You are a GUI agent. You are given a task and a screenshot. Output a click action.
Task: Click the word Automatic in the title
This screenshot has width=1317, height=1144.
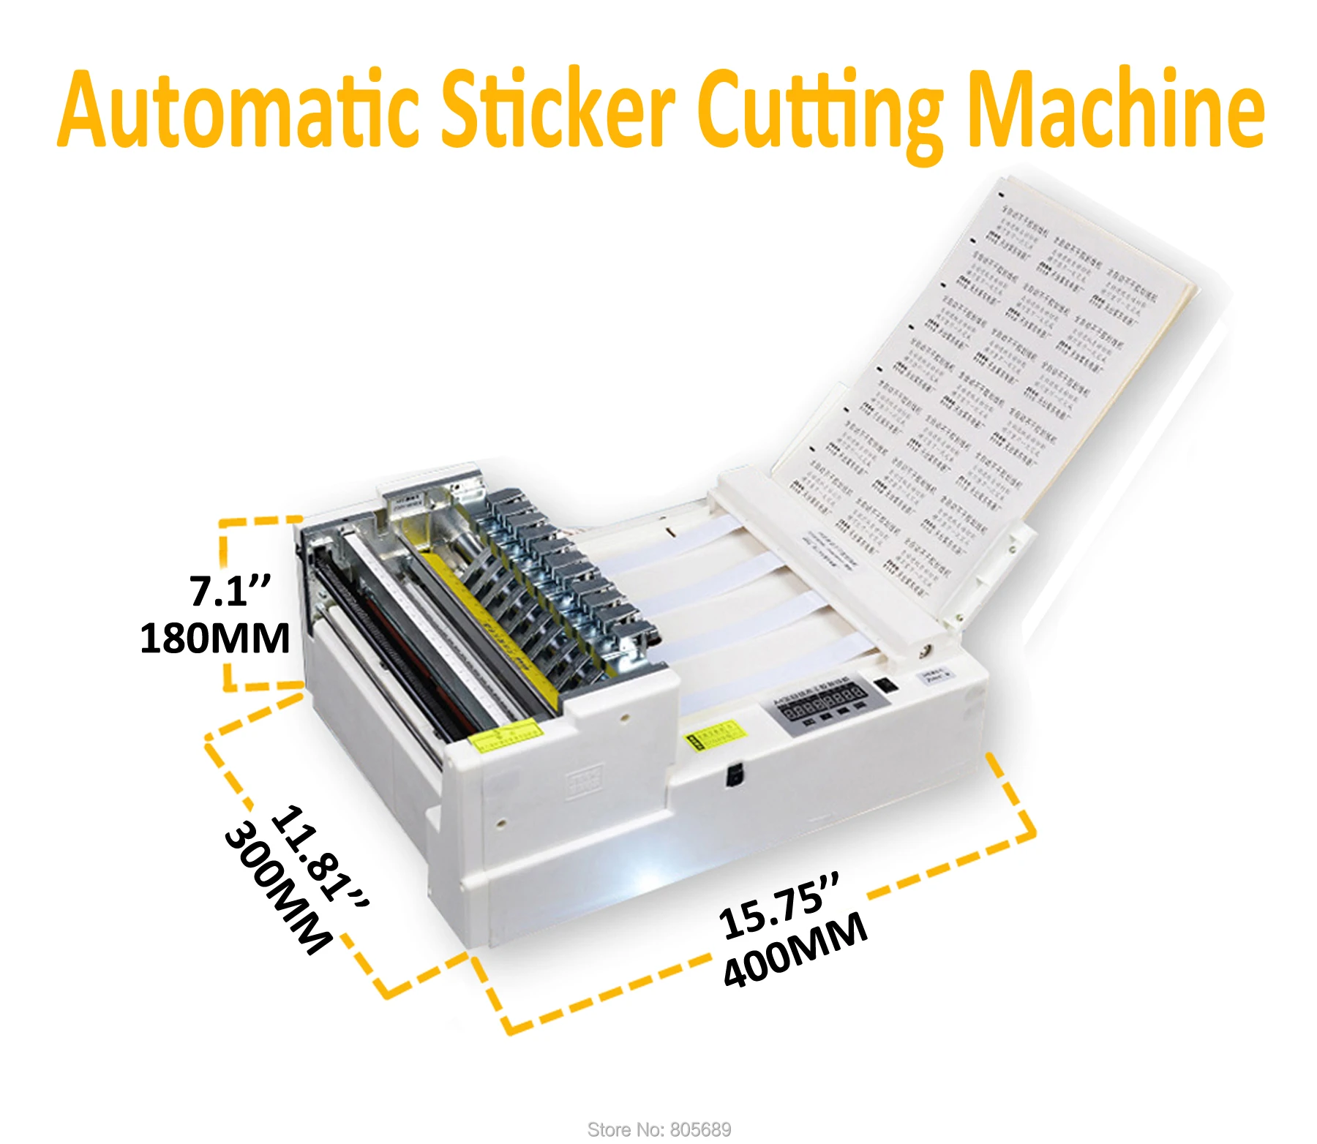238,110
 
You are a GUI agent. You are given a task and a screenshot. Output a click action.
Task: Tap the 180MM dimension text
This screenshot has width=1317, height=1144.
215,638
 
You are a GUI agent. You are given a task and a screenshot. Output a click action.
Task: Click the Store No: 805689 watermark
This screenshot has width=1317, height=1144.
659,1129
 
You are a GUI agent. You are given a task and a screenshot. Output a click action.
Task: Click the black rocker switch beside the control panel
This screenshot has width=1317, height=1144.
886,685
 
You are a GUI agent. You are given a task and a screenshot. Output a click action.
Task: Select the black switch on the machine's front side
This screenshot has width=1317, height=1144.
734,775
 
